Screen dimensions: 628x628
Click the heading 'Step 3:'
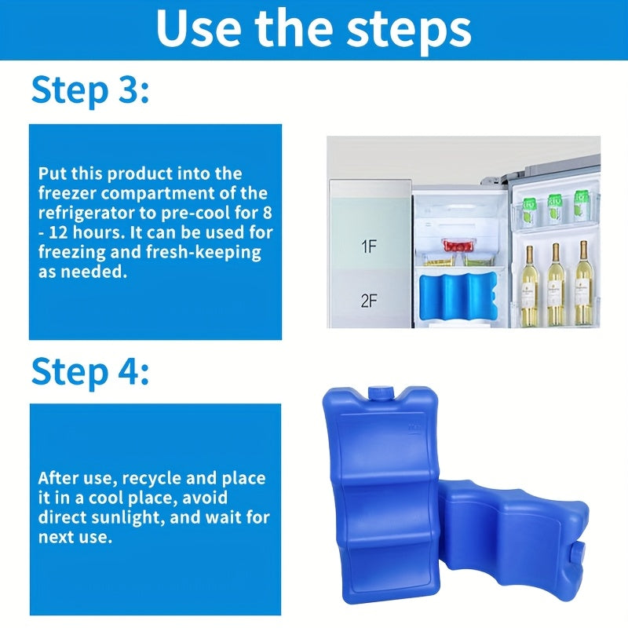(90, 91)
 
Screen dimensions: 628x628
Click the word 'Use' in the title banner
(199, 28)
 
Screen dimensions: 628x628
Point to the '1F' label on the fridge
(369, 246)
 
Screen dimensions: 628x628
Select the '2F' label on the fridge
(369, 301)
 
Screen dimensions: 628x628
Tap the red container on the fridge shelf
(456, 245)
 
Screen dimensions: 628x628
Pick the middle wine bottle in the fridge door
(556, 284)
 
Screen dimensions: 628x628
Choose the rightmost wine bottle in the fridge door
(583, 283)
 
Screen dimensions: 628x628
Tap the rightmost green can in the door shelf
(581, 206)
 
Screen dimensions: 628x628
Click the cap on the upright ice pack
(379, 393)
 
